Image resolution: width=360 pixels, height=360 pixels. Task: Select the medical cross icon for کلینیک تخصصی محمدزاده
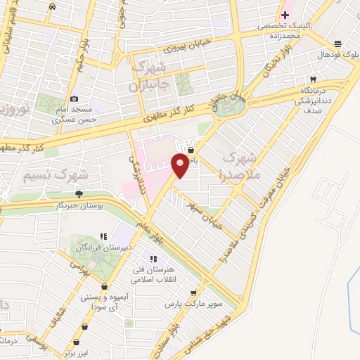coord(285,14)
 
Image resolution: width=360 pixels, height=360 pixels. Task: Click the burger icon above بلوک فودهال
coord(338,43)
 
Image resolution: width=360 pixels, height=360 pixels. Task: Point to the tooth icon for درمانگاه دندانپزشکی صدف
coord(314,79)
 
